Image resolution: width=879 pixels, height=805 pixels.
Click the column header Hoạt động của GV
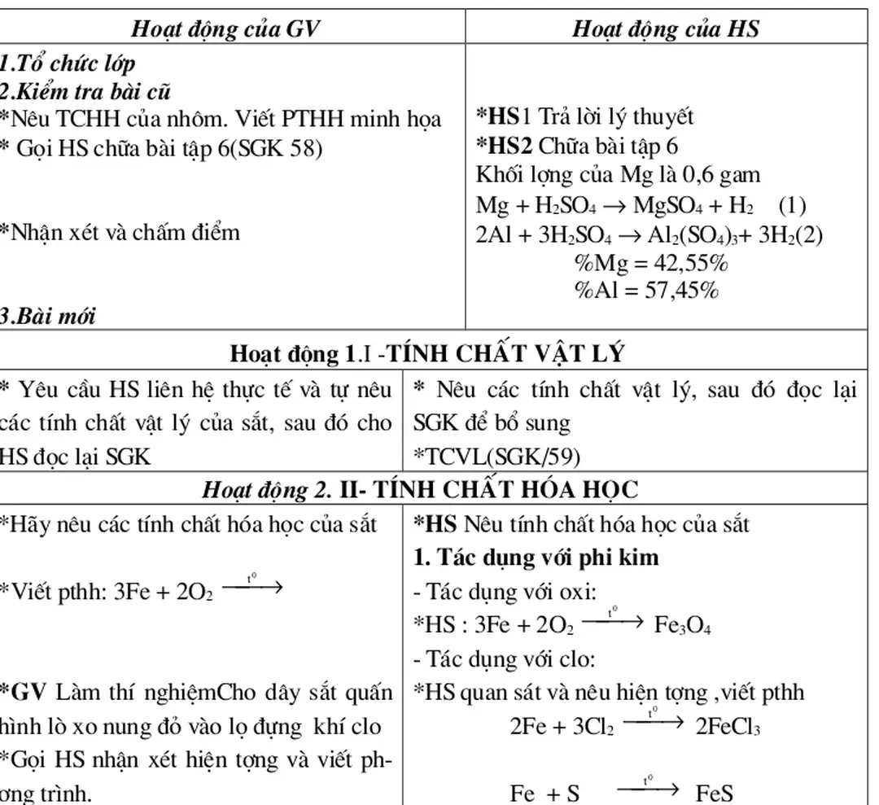(226, 28)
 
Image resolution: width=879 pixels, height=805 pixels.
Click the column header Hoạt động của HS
(666, 28)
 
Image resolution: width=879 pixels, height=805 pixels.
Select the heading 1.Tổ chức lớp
(67, 63)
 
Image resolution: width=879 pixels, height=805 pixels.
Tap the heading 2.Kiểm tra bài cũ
(85, 90)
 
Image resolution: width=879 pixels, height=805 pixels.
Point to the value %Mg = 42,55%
(652, 264)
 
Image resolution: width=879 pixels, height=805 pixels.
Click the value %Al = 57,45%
(647, 291)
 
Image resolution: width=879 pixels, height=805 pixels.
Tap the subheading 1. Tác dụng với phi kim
(536, 559)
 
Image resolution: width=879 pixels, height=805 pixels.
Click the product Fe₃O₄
(683, 625)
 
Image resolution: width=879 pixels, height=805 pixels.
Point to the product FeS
(716, 793)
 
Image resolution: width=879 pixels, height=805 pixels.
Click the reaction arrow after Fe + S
(648, 788)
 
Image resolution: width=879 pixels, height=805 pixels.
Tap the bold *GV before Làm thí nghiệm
(20, 693)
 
